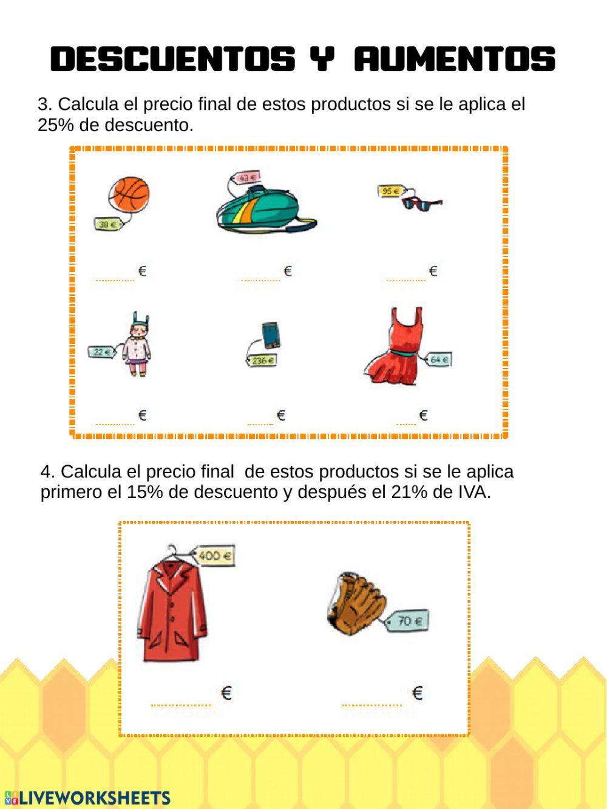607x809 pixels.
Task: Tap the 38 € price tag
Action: [108, 225]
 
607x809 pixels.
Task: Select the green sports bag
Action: [266, 210]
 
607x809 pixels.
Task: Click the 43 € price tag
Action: [246, 178]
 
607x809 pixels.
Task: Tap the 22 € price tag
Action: [101, 352]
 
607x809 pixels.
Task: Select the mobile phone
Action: [271, 335]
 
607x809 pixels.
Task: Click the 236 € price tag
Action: [262, 361]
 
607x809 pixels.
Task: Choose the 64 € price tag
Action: [439, 360]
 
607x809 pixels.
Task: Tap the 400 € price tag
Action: [214, 556]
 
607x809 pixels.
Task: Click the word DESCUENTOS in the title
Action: [173, 60]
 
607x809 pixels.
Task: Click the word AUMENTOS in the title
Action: [455, 60]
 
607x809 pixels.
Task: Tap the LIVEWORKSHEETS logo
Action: [87, 797]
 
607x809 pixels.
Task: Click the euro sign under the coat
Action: [226, 692]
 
